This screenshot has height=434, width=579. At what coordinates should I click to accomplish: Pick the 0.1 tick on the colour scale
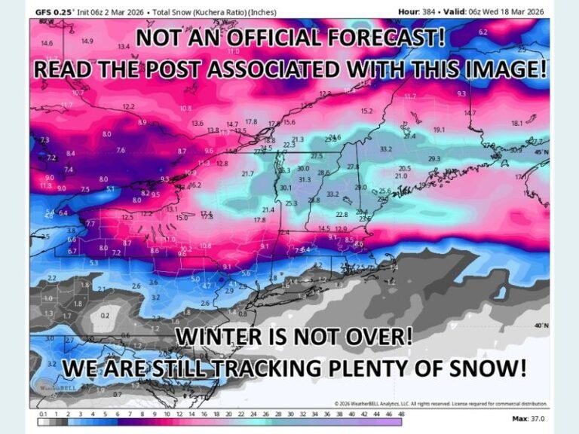coord(42,414)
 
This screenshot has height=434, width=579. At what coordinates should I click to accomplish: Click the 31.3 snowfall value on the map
coord(305,179)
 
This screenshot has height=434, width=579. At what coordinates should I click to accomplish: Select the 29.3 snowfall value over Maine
coord(433,159)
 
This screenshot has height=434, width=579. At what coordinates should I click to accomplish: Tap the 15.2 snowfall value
coord(366,112)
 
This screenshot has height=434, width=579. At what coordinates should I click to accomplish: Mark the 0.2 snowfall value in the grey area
coord(104,315)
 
